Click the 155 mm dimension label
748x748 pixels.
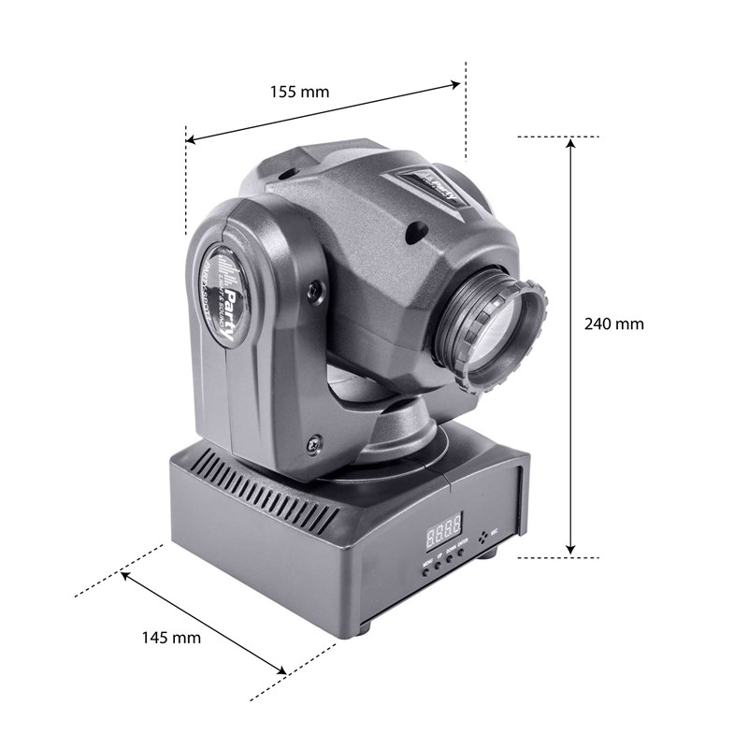tap(300, 92)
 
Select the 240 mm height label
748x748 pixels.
tap(613, 324)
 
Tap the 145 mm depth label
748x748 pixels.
tap(171, 638)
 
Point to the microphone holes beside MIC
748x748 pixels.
tap(484, 536)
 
